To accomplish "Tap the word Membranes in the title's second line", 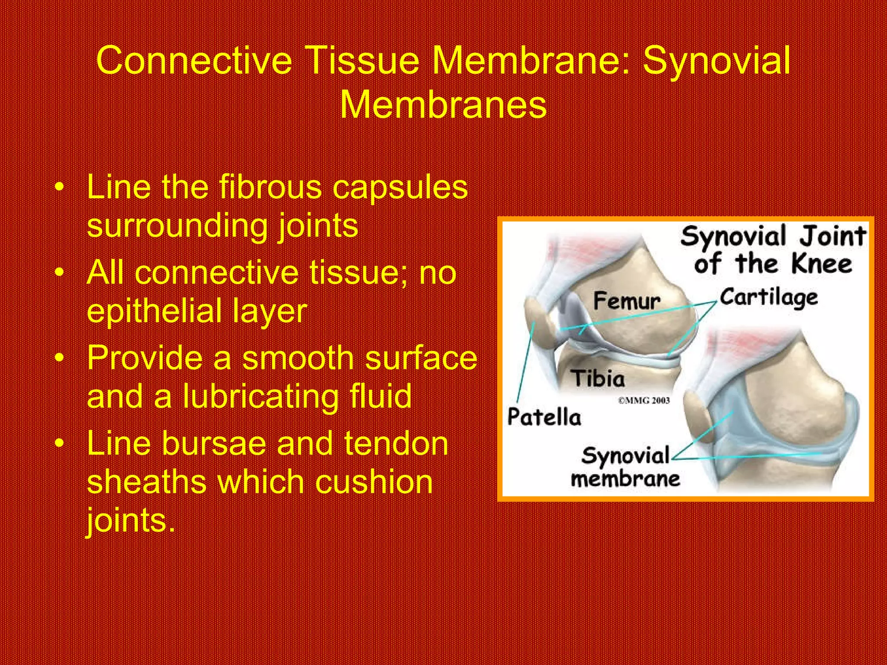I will click(443, 105).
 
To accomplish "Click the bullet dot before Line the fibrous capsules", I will click(60, 188).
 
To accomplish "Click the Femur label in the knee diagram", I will click(627, 301).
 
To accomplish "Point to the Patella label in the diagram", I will click(544, 417).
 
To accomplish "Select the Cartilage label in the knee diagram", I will click(769, 298).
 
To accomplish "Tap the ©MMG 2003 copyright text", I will click(644, 401).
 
